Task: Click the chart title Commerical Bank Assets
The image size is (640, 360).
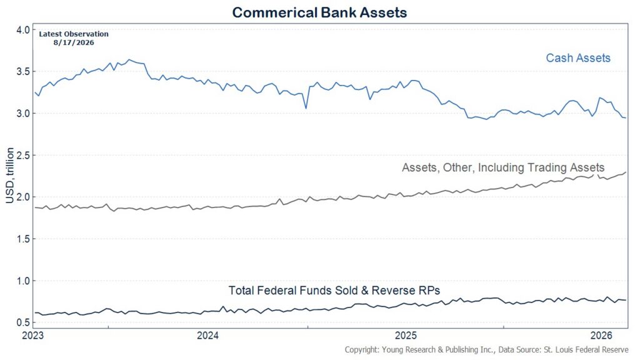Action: [319, 12]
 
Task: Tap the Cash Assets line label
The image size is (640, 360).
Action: [578, 58]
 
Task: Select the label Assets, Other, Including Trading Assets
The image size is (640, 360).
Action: [503, 167]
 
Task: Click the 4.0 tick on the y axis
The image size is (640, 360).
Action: [24, 30]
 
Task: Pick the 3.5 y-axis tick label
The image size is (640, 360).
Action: [24, 71]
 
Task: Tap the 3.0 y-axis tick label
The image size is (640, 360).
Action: [24, 114]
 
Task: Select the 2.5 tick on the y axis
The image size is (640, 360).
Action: [24, 155]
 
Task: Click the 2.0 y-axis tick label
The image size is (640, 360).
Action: [24, 197]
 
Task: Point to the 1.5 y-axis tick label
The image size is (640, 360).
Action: [24, 239]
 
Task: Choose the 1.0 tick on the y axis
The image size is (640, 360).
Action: [24, 281]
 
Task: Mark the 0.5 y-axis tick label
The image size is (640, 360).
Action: [24, 322]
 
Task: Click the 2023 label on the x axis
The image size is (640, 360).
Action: [33, 336]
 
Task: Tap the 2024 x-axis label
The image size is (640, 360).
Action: [207, 336]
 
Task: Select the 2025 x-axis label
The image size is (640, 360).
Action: [406, 336]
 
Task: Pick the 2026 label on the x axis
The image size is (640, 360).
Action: [602, 336]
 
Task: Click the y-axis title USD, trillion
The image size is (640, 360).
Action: [10, 176]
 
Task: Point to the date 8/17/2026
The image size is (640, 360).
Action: [74, 42]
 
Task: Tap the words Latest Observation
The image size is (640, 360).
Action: [74, 34]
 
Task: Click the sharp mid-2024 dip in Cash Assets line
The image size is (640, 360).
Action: [306, 108]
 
